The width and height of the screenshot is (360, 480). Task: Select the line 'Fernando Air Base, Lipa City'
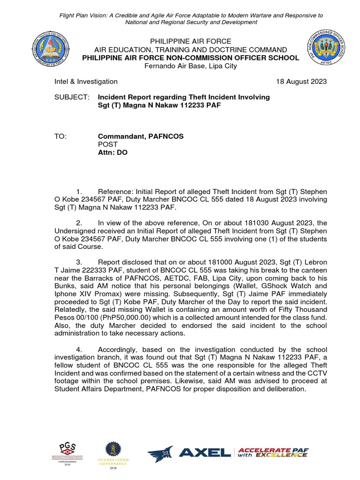190,66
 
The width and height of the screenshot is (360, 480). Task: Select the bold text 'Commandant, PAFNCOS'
141,136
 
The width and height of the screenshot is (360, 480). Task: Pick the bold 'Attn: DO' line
112,152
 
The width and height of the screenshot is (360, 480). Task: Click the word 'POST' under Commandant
107,144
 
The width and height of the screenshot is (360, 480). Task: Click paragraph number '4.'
79,349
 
